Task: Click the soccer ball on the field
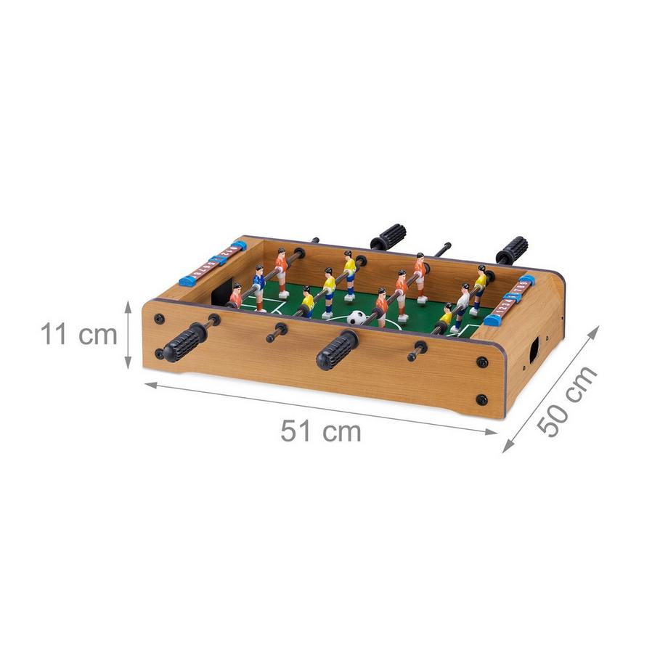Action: tap(357, 318)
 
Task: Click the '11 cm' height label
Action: tap(79, 334)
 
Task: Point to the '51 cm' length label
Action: tap(321, 431)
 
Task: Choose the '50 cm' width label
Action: tap(567, 402)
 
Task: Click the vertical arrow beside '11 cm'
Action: tap(128, 334)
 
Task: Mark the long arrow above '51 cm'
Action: tap(321, 408)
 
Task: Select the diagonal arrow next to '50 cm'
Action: tap(551, 389)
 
